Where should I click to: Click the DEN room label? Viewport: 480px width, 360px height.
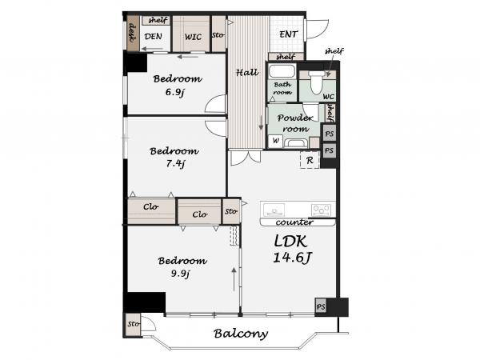point(153,37)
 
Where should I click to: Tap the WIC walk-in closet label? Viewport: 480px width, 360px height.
point(193,37)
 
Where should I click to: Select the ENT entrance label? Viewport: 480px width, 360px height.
point(288,34)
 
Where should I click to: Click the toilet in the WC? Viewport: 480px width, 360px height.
point(316,82)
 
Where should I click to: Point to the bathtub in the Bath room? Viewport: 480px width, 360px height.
point(282,71)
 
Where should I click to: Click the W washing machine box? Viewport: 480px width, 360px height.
point(275,141)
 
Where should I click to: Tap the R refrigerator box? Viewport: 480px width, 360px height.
point(310,160)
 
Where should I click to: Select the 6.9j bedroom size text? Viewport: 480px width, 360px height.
point(175,92)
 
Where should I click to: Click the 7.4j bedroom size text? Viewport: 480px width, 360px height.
point(176,164)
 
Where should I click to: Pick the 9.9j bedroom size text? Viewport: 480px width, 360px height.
point(180,274)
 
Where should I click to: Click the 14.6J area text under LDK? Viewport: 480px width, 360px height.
point(292,258)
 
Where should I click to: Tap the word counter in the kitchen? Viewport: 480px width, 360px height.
point(294,222)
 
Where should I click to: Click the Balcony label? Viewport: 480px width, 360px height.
point(241,334)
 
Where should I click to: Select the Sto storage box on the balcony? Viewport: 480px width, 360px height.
point(134,324)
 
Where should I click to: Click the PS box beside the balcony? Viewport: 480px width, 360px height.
point(321,306)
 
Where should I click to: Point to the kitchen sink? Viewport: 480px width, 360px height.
point(273,210)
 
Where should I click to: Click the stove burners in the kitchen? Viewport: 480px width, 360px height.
point(321,210)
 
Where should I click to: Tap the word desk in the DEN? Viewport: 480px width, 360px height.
point(133,33)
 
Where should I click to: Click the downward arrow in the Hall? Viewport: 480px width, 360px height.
point(261,122)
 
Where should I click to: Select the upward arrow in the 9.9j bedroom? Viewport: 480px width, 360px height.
point(234,279)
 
